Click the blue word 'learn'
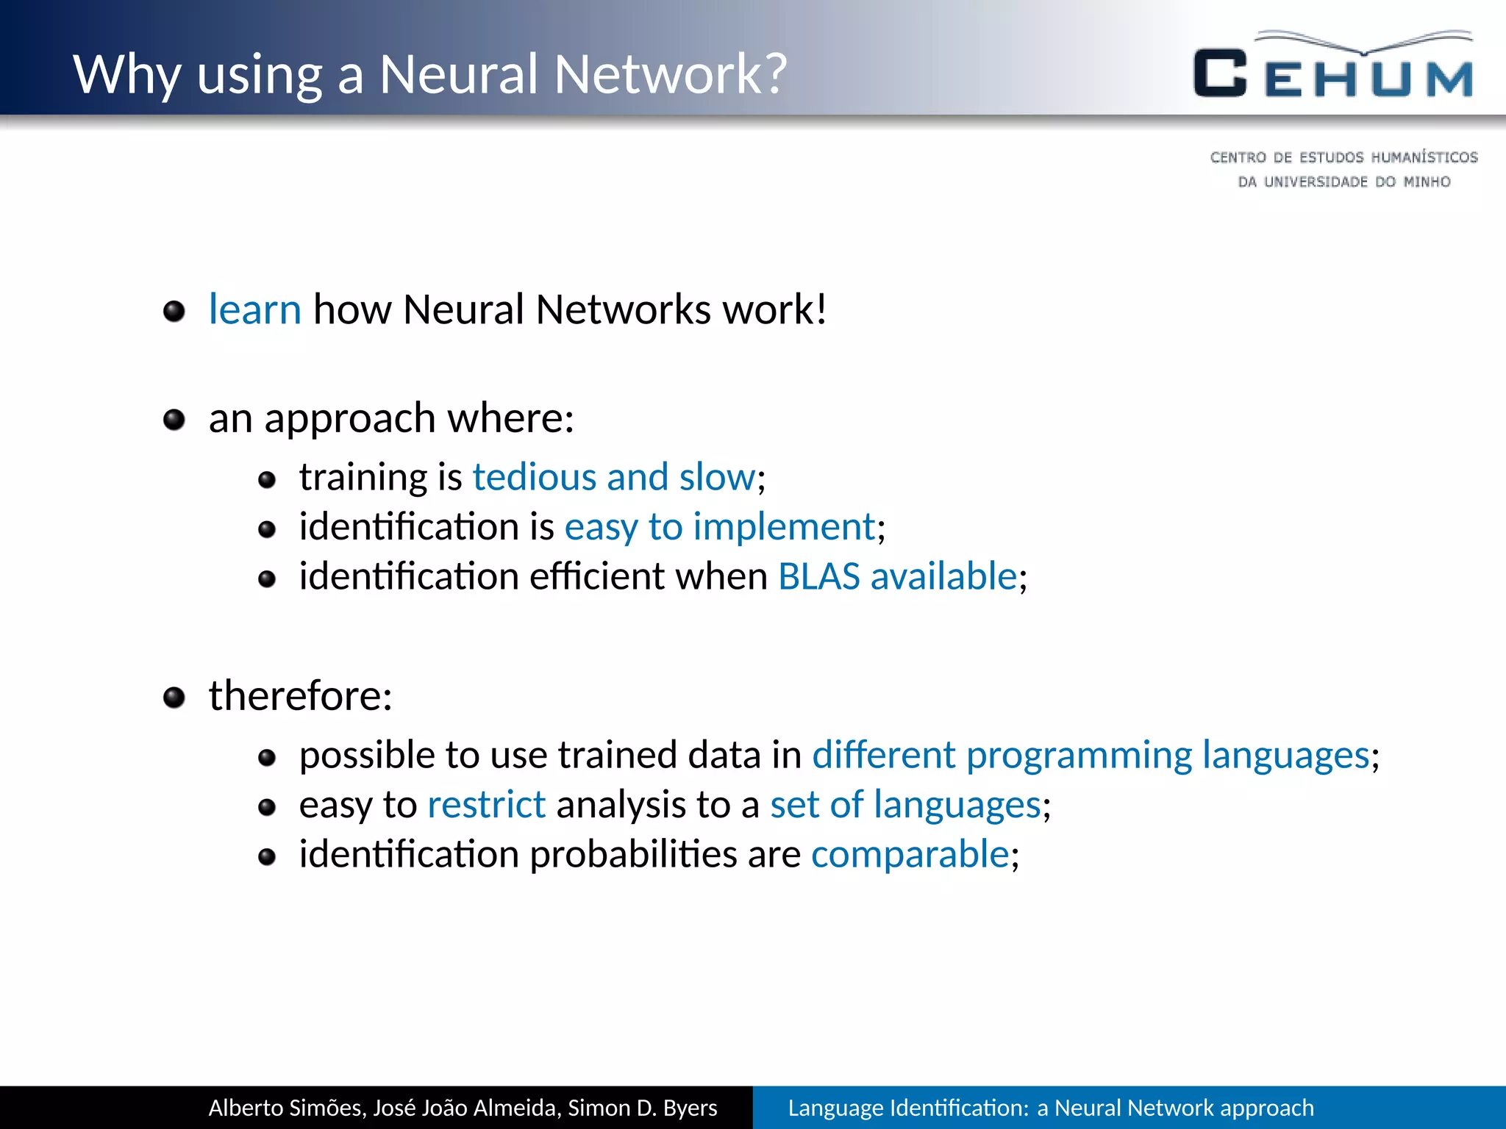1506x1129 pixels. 254,309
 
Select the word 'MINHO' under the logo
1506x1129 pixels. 1427,182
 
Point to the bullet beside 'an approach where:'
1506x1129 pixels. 174,420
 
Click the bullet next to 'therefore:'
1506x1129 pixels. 174,698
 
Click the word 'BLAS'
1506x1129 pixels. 818,576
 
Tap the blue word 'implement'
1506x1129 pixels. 784,527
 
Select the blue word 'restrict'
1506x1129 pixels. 486,805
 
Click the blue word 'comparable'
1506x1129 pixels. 910,855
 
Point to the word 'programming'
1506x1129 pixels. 1079,756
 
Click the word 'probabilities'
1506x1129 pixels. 633,855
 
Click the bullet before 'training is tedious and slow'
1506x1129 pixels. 267,481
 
